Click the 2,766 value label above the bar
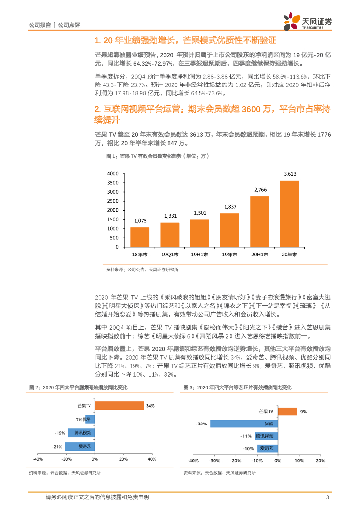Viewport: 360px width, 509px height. (x=259, y=190)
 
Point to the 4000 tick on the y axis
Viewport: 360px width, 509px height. (x=113, y=173)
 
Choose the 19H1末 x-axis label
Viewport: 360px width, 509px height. (x=199, y=254)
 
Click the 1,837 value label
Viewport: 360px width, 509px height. (x=229, y=206)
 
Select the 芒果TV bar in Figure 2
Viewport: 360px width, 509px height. (x=119, y=406)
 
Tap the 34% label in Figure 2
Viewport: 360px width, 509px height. (x=150, y=406)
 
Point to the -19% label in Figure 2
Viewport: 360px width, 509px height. (x=60, y=433)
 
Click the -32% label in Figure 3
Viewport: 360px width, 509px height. (x=202, y=424)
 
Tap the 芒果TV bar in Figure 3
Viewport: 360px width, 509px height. (x=287, y=411)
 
